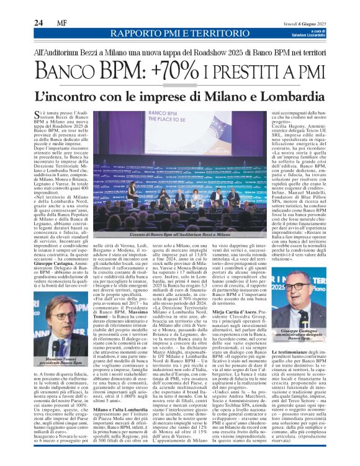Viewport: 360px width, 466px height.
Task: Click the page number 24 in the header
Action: pos(39,23)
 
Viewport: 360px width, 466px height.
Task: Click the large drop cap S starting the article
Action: pos(38,117)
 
